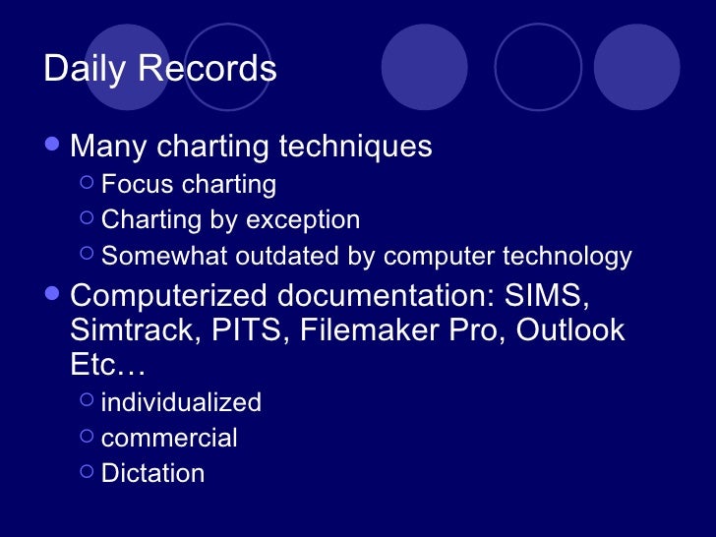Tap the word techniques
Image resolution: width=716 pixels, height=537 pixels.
(356, 147)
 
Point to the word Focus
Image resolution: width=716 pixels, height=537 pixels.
(133, 184)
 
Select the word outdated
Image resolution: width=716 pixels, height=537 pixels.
(286, 257)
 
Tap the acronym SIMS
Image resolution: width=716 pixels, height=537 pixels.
(555, 296)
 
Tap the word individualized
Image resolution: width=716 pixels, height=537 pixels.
(181, 402)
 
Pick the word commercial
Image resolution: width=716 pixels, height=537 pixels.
(169, 438)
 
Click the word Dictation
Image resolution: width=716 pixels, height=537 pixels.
(152, 473)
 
